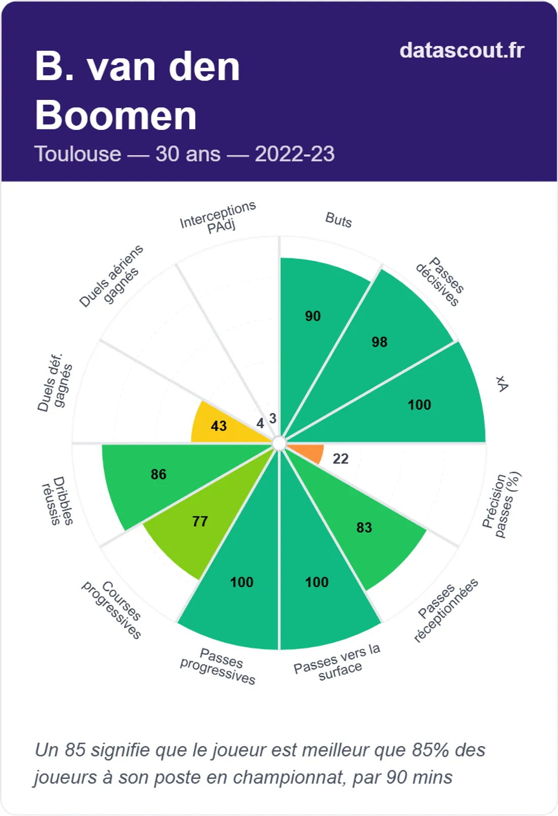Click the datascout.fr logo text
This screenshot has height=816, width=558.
(462, 50)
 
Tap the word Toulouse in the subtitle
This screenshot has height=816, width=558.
(78, 154)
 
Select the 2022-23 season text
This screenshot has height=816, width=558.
(294, 154)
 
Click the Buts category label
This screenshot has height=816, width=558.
(338, 220)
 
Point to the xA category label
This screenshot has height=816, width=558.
(502, 384)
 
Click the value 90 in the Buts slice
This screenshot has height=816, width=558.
(312, 316)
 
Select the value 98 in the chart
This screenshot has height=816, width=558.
(379, 342)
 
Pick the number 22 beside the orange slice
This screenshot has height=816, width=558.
(340, 459)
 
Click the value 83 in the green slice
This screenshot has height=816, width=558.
(364, 528)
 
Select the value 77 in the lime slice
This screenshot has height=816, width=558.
(200, 521)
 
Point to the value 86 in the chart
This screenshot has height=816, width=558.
(158, 474)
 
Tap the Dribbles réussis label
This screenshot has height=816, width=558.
(58, 501)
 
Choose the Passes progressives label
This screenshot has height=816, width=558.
(219, 666)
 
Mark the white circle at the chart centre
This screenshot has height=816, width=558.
(279, 444)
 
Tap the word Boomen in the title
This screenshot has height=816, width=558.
(116, 116)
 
